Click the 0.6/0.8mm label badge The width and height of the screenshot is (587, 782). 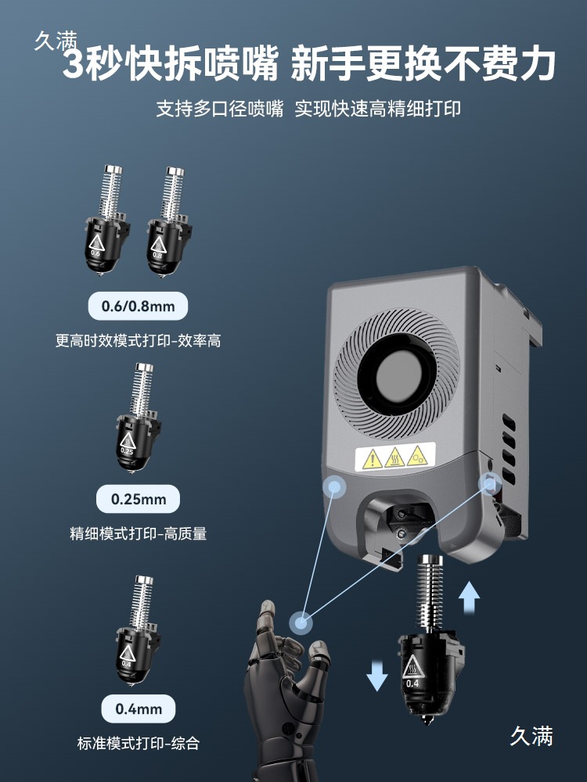(139, 306)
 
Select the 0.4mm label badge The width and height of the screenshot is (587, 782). (139, 709)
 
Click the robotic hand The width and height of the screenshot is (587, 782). (282, 688)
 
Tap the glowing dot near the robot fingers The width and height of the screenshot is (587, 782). (301, 622)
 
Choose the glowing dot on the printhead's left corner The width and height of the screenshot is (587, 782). (335, 486)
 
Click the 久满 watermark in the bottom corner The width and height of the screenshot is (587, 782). (531, 736)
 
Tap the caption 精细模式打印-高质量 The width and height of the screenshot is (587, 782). (139, 535)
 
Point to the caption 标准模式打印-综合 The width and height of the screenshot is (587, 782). (139, 744)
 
